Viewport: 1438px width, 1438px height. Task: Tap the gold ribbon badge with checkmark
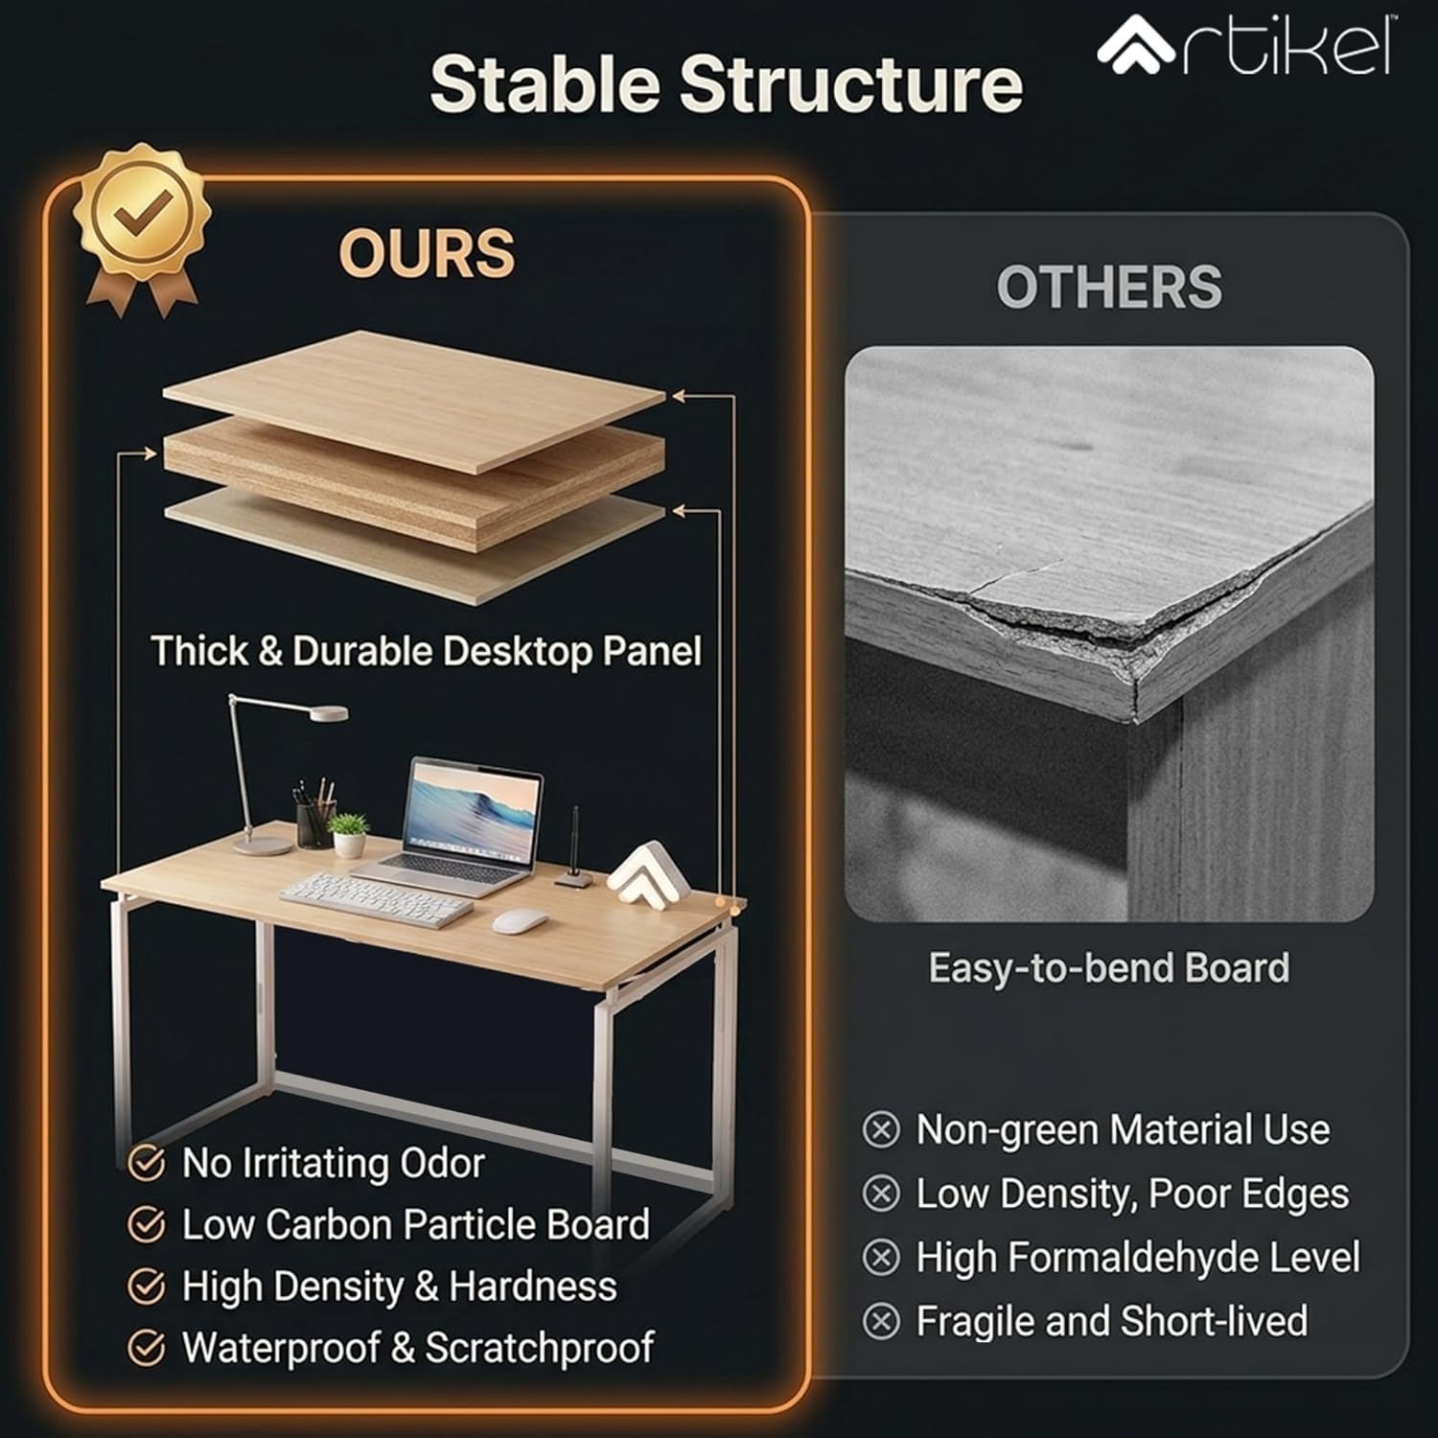144,225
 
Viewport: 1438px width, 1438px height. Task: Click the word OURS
427,253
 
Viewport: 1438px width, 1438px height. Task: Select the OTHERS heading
1109,287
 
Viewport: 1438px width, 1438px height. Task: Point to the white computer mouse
520,922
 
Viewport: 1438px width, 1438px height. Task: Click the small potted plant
347,834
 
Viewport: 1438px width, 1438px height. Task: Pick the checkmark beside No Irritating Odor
146,1164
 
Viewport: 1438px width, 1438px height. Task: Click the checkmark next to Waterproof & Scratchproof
146,1348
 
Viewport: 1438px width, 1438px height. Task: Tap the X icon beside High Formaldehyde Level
881,1258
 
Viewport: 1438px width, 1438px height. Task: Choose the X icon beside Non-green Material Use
881,1130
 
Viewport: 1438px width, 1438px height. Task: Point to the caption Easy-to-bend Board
1108,968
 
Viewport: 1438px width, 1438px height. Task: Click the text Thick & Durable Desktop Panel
427,651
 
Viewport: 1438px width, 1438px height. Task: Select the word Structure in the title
851,84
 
